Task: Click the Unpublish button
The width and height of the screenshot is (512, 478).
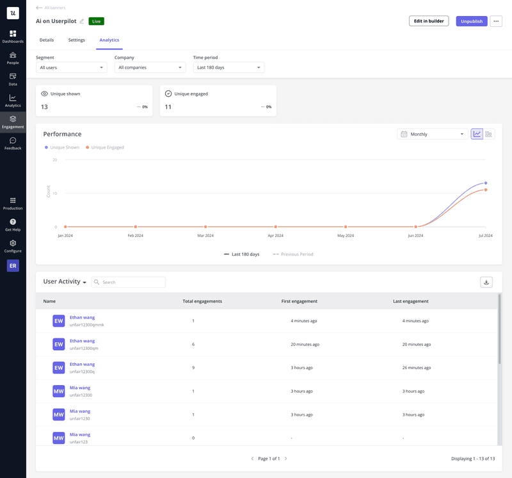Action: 472,21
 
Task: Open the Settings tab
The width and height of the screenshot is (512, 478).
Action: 76,40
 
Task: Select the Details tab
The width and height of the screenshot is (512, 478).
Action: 47,40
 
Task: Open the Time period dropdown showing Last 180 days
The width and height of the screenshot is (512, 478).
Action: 228,67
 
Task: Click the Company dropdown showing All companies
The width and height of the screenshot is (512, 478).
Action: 150,67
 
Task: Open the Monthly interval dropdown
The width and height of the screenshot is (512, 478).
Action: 432,134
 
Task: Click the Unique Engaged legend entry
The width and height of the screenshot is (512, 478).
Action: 107,147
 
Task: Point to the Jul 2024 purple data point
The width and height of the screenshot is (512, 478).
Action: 486,183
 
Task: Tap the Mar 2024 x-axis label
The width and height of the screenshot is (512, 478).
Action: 205,236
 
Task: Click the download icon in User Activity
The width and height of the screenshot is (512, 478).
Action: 486,282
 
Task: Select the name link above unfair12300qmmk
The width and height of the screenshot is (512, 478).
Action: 82,318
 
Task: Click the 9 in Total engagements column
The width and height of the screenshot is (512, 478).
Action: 193,368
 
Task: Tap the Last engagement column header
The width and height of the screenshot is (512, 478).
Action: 410,301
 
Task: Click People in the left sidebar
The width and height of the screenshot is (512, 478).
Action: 13,58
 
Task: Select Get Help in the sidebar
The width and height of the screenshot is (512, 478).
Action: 13,225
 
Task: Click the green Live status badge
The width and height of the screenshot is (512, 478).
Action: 96,21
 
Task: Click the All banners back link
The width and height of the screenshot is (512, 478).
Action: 52,8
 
